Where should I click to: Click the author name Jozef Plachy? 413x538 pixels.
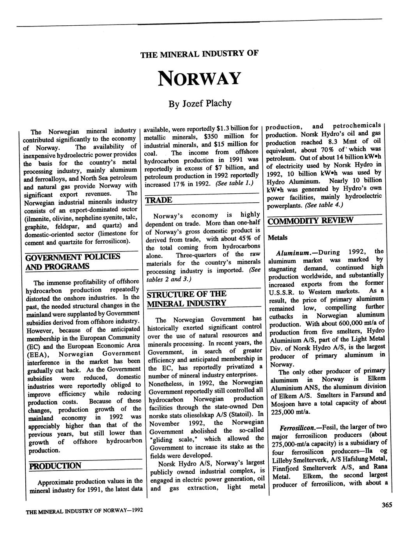pos(200,104)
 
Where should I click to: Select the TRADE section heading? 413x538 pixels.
pos(159,200)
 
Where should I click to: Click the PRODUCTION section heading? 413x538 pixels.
pos(55,466)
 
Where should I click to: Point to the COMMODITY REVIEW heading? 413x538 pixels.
pos(310,220)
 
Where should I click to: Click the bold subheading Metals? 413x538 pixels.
pos(278,237)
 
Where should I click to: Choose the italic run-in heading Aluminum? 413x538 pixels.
pos(292,253)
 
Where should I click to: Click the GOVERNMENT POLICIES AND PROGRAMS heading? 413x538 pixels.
pos(73,262)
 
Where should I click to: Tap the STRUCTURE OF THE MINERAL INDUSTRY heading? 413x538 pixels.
pos(186,299)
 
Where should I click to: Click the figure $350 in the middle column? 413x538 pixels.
pos(213,136)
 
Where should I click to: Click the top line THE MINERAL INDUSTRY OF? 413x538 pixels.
pos(199,54)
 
